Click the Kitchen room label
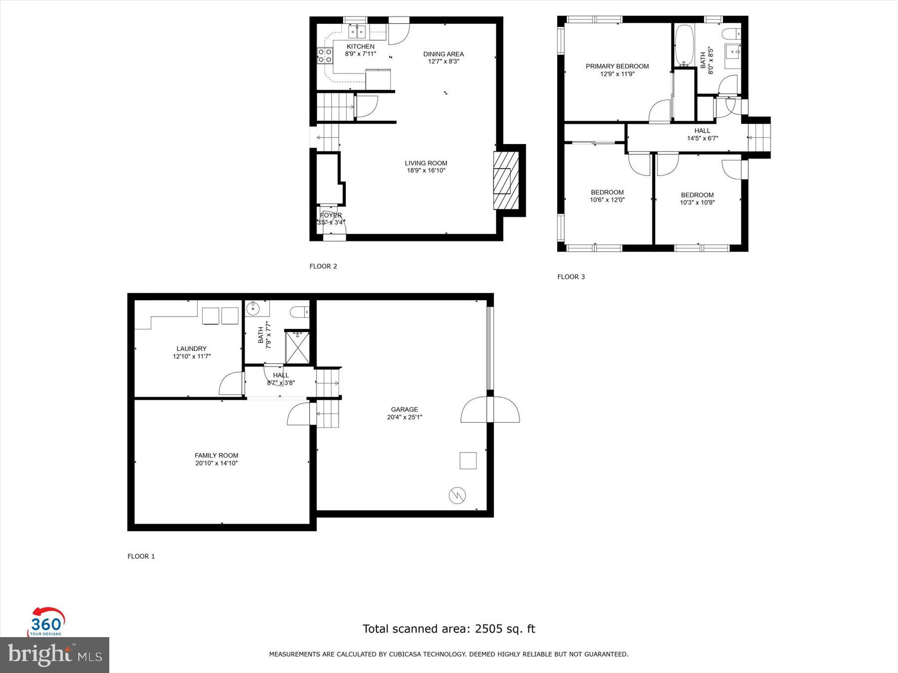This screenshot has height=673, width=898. tap(360, 46)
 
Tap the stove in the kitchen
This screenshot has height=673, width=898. tap(325, 55)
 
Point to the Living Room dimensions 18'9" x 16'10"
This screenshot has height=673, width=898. tap(426, 170)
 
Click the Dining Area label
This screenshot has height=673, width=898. tap(443, 54)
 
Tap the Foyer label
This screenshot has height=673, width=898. tap(331, 215)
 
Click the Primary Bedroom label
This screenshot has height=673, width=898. tap(617, 66)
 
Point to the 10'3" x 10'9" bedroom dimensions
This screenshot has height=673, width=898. tap(697, 202)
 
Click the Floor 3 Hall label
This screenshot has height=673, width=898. tap(702, 131)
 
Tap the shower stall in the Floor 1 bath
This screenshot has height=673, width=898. tap(297, 347)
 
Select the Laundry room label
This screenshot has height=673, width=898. tap(191, 348)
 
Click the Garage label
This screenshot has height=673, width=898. tap(404, 409)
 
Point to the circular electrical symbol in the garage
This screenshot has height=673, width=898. tap(457, 496)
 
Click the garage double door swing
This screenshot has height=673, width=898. tap(490, 410)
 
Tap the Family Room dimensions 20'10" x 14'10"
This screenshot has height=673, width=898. tap(217, 463)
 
